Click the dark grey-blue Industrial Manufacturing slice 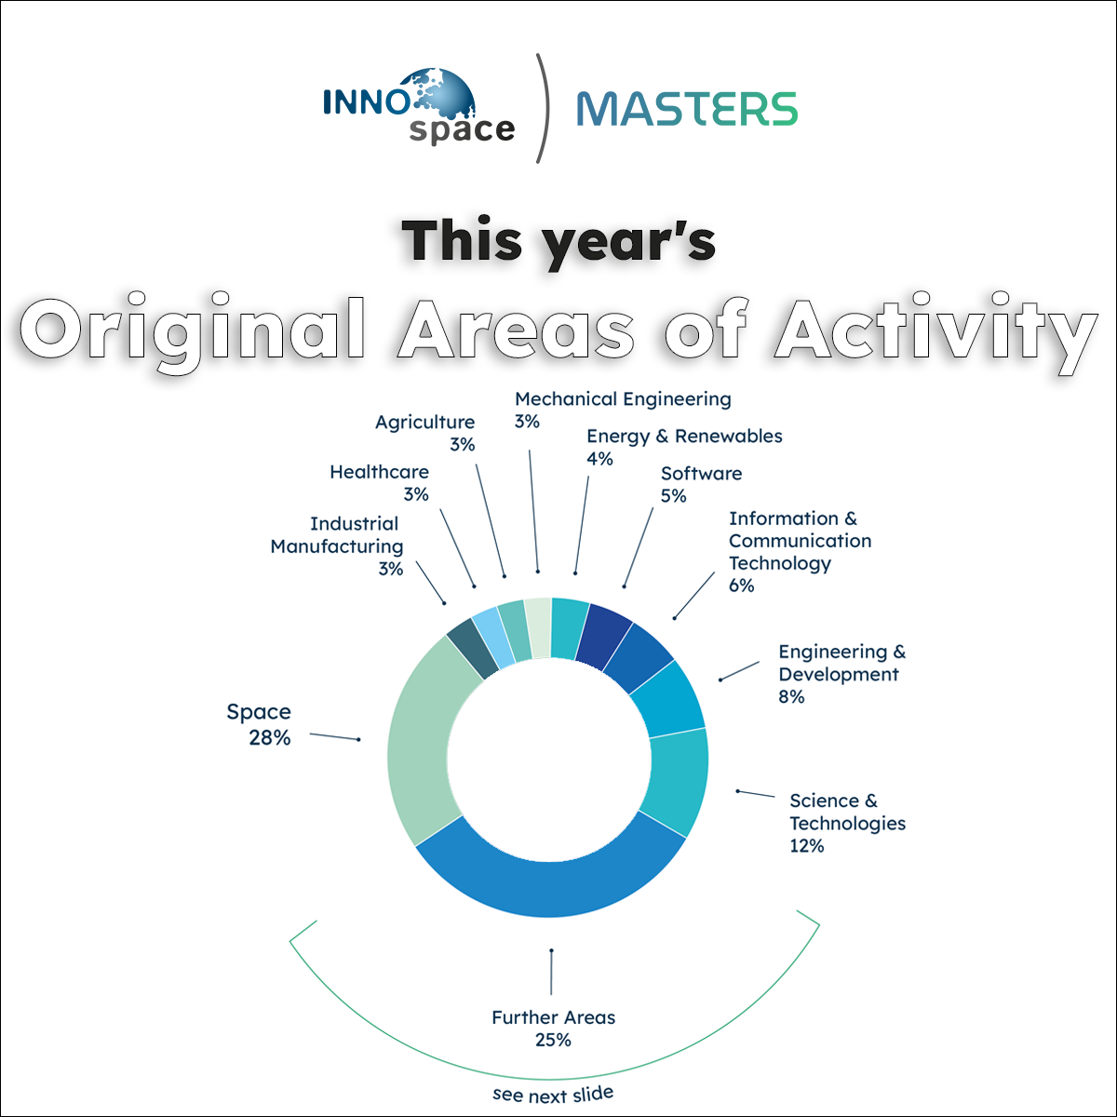pyautogui.click(x=473, y=647)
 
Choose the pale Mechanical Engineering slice pyautogui.click(x=539, y=627)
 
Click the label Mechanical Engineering pyautogui.click(x=623, y=398)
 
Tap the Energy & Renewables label pyautogui.click(x=684, y=436)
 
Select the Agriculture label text pyautogui.click(x=424, y=422)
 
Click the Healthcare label pyautogui.click(x=379, y=472)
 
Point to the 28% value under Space pyautogui.click(x=270, y=737)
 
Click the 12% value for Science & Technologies pyautogui.click(x=806, y=846)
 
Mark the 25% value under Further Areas pyautogui.click(x=553, y=1040)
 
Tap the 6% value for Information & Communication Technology pyautogui.click(x=741, y=585)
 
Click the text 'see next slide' pyautogui.click(x=553, y=1095)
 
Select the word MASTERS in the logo pyautogui.click(x=687, y=109)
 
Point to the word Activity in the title pyautogui.click(x=935, y=329)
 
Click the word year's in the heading pyautogui.click(x=629, y=244)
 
